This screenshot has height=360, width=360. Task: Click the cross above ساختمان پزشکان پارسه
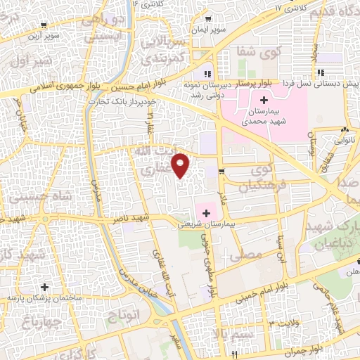(45, 288)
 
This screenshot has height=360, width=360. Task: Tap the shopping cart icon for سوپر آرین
(44, 26)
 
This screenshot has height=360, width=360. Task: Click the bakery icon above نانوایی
(344, 130)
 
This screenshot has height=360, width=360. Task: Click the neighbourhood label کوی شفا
(264, 51)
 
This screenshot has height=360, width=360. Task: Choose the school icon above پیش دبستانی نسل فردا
(320, 72)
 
